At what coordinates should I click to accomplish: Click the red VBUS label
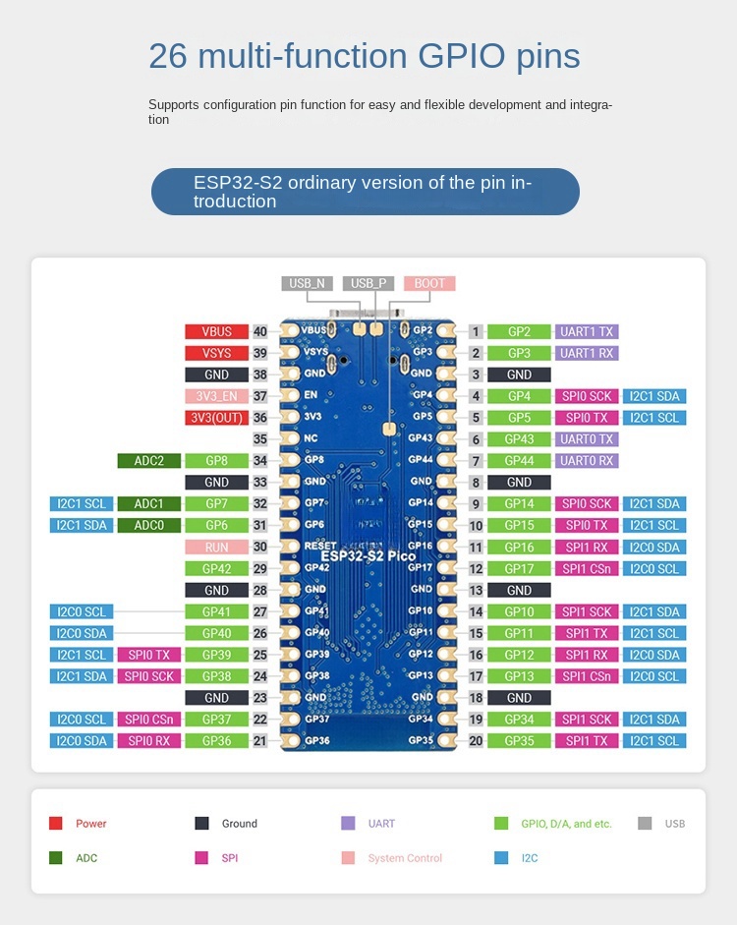point(216,332)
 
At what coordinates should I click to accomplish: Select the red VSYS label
point(216,354)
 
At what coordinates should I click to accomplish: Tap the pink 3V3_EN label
point(216,397)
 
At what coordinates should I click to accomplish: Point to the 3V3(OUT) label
point(216,419)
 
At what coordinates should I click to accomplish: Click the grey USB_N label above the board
point(307,283)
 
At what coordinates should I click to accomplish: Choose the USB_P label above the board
point(368,283)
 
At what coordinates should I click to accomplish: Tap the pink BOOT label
point(429,283)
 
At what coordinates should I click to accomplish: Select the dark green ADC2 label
point(148,461)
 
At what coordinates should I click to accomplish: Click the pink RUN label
point(216,548)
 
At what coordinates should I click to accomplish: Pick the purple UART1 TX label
point(587,332)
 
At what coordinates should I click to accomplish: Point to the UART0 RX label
point(587,461)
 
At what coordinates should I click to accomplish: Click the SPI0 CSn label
point(148,720)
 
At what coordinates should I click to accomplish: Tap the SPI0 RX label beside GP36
point(148,741)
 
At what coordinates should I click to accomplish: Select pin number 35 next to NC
point(260,439)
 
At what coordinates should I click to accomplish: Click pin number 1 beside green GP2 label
point(476,332)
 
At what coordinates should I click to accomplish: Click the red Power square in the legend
point(56,824)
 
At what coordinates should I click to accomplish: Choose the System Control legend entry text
point(405,858)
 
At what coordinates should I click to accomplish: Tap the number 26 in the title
point(167,56)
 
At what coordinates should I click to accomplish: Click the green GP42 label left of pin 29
point(216,569)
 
